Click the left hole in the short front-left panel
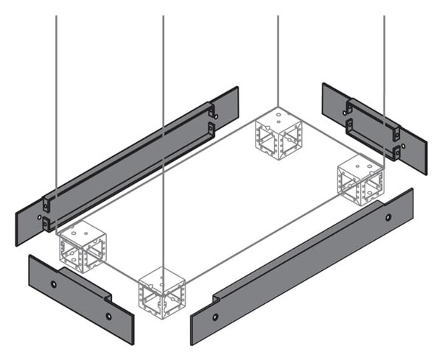point(53,283)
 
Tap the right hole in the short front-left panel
point(108,316)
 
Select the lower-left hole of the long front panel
point(214,317)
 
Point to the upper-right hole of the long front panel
point(389,219)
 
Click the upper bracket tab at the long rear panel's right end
point(212,112)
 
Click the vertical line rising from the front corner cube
point(163,147)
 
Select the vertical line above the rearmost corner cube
point(278,59)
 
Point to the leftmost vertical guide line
point(57,96)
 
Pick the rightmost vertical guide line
point(384,74)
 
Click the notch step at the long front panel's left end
point(217,299)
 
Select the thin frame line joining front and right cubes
point(262,238)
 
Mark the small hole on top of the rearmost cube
point(278,115)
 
